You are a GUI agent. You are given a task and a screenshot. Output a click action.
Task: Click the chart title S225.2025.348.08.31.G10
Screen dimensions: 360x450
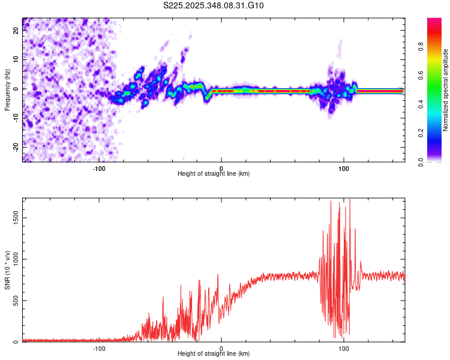tap(214, 5)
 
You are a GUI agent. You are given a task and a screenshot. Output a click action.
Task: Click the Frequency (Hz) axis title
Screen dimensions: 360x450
tap(7, 89)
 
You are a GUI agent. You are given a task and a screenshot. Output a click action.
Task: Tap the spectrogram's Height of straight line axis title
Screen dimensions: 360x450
tap(214, 174)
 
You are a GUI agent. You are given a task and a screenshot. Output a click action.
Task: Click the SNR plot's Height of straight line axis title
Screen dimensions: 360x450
tap(214, 355)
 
